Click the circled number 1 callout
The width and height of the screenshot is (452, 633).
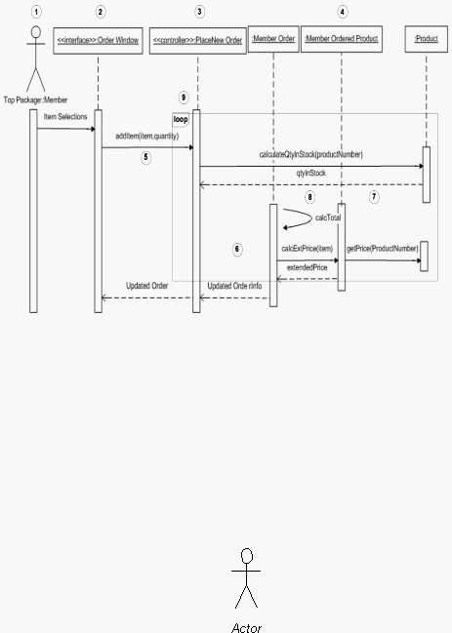pyautogui.click(x=36, y=12)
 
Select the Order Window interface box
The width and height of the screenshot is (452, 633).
pyautogui.click(x=99, y=40)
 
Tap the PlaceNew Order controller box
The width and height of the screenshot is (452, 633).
pyautogui.click(x=198, y=40)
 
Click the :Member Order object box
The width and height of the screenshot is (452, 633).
pyautogui.click(x=273, y=39)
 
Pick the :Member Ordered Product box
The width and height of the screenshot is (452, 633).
pyautogui.click(x=342, y=39)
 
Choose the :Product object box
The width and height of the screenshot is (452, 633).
pyautogui.click(x=427, y=39)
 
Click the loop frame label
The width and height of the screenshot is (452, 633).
pyautogui.click(x=181, y=120)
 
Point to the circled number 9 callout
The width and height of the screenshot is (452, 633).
pyautogui.click(x=184, y=98)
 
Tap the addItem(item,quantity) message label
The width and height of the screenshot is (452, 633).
pyautogui.click(x=147, y=136)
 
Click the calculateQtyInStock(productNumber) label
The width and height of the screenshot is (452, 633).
pyautogui.click(x=311, y=155)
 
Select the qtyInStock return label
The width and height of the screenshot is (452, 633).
pyautogui.click(x=311, y=174)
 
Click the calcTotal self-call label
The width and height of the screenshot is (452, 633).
pyautogui.click(x=328, y=218)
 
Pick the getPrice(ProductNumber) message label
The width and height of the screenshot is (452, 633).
pyautogui.click(x=383, y=249)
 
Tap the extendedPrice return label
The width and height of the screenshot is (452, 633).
pyautogui.click(x=307, y=267)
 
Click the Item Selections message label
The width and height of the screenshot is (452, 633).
pyautogui.click(x=65, y=117)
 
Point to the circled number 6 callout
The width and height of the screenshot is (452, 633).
pyautogui.click(x=237, y=249)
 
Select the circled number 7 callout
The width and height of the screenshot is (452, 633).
pyautogui.click(x=374, y=197)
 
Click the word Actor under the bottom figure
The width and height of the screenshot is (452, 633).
pyautogui.click(x=247, y=628)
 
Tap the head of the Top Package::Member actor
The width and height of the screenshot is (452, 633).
pyautogui.click(x=36, y=32)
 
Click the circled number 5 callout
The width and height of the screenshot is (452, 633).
pyautogui.click(x=146, y=157)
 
